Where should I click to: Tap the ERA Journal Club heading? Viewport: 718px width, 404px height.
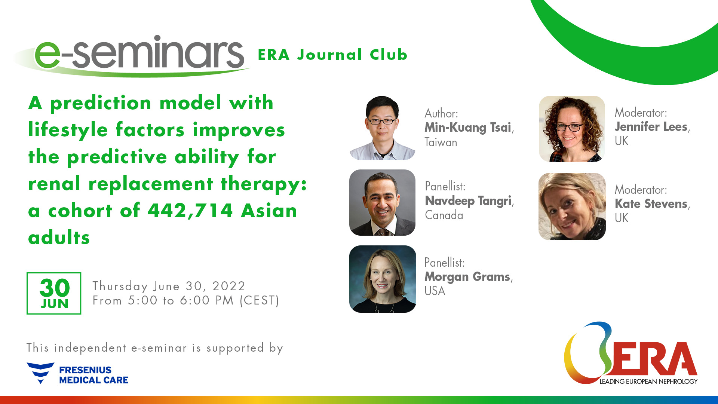[x=332, y=55]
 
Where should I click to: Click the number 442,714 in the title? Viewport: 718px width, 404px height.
[x=190, y=211]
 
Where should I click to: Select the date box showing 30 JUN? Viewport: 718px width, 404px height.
[x=54, y=293]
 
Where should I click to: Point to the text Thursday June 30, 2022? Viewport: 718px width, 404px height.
[x=169, y=286]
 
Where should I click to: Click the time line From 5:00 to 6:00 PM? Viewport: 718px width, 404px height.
[x=186, y=300]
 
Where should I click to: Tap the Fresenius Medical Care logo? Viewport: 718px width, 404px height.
[x=78, y=374]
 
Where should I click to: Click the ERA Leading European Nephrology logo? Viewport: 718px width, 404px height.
[x=631, y=354]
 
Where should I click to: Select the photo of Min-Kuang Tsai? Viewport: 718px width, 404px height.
[x=382, y=128]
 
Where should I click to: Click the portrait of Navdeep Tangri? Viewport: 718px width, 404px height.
[x=382, y=202]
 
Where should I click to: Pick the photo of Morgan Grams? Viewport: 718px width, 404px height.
[x=382, y=279]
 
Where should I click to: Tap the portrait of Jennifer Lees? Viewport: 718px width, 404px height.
[x=571, y=129]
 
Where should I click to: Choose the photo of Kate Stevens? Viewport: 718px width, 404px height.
[x=571, y=206]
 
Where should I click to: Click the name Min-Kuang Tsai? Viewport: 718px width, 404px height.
[x=467, y=128]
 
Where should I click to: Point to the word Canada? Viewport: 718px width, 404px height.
[x=444, y=215]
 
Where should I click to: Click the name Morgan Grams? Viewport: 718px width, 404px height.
[x=467, y=277]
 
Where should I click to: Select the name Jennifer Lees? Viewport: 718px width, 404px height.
[x=651, y=127]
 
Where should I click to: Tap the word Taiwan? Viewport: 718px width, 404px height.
[x=441, y=143]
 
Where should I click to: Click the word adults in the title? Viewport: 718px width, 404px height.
[x=59, y=238]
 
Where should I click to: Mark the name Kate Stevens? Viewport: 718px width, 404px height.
[x=651, y=204]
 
